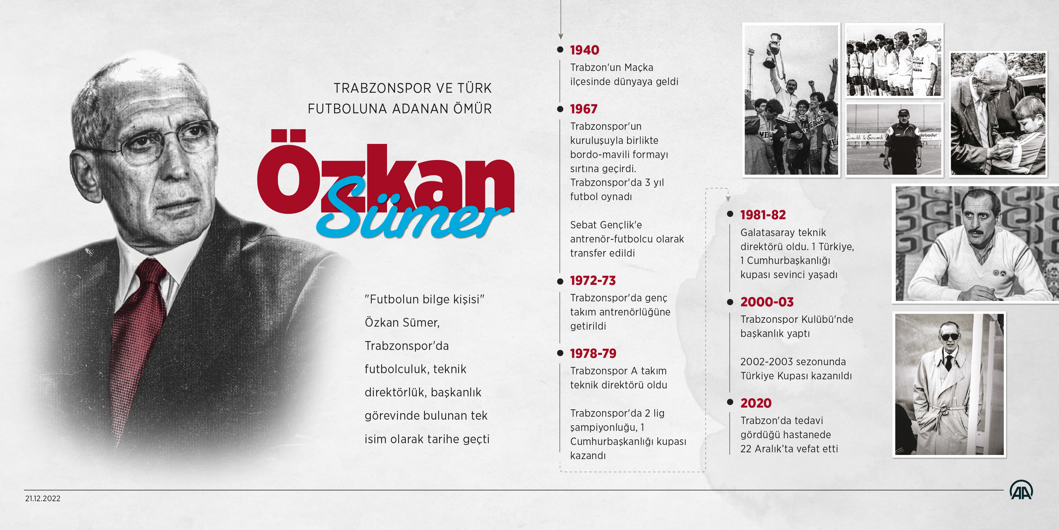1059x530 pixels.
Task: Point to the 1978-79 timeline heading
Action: click(593, 353)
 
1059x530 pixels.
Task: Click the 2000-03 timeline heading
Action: click(767, 302)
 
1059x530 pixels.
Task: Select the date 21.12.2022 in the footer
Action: click(43, 498)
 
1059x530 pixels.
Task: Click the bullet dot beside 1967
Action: click(560, 109)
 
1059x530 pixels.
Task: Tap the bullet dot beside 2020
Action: click(730, 402)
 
